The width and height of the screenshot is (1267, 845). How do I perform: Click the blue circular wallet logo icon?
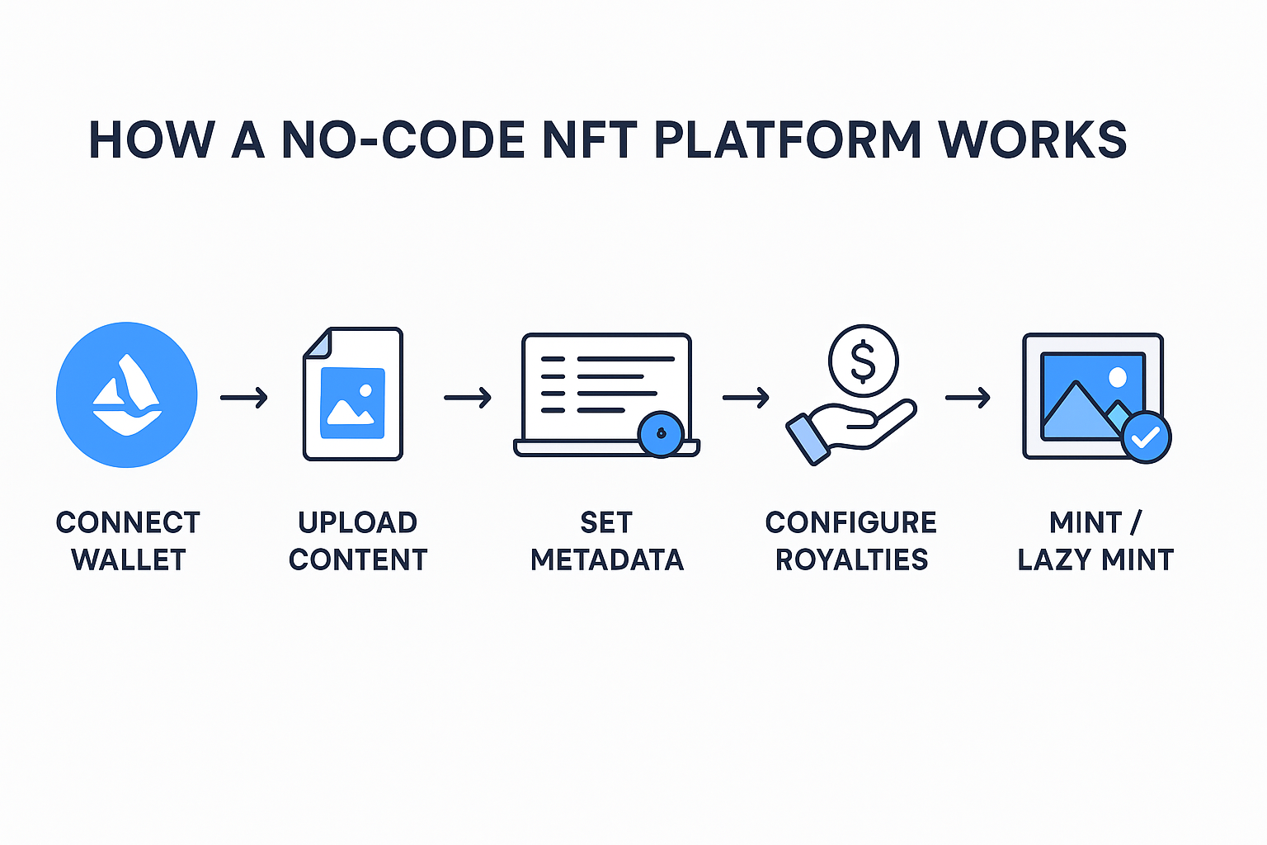pyautogui.click(x=127, y=394)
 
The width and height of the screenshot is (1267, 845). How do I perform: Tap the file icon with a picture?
pyautogui.click(x=353, y=394)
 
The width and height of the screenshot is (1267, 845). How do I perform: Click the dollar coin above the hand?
pyautogui.click(x=863, y=361)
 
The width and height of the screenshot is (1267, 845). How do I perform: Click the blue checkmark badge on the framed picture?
pyautogui.click(x=1146, y=437)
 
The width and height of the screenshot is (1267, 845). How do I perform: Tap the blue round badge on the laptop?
pyautogui.click(x=661, y=433)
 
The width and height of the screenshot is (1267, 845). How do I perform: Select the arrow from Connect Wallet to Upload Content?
pyautogui.click(x=244, y=398)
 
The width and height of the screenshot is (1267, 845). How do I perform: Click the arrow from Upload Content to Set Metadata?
pyautogui.click(x=468, y=398)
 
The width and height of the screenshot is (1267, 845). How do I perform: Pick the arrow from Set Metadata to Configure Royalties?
pyautogui.click(x=746, y=398)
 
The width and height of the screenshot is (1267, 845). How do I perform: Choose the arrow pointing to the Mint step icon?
pyautogui.click(x=968, y=398)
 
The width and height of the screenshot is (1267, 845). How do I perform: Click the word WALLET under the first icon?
pyautogui.click(x=129, y=559)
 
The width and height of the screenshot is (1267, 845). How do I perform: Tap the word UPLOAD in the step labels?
pyautogui.click(x=358, y=522)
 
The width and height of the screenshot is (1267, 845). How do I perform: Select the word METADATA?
pyautogui.click(x=607, y=559)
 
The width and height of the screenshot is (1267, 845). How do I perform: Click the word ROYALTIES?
pyautogui.click(x=851, y=559)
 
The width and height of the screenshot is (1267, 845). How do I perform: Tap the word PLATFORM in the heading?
pyautogui.click(x=788, y=140)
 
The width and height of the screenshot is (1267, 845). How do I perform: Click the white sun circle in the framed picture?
pyautogui.click(x=1118, y=378)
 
